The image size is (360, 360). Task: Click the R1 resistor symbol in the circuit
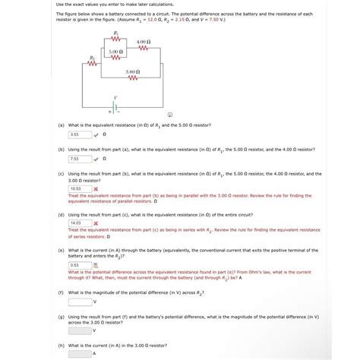point(115,39)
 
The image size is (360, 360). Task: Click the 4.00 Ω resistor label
point(144,42)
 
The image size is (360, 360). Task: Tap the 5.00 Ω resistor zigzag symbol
point(115,58)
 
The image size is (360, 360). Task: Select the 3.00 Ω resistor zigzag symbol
point(132,77)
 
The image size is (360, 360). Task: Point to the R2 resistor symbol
point(93,63)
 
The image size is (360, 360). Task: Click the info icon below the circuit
point(169,115)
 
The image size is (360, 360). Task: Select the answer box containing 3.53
point(80,134)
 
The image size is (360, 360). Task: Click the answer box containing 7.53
point(80,159)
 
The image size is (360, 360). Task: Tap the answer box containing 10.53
point(80,188)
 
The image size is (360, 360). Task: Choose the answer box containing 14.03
point(80,223)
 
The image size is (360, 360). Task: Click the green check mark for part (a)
point(96,134)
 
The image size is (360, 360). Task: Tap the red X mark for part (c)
point(96,188)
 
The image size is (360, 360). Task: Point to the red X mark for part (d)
point(96,223)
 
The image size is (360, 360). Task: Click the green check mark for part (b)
point(96,159)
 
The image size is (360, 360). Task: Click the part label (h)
point(60,345)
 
